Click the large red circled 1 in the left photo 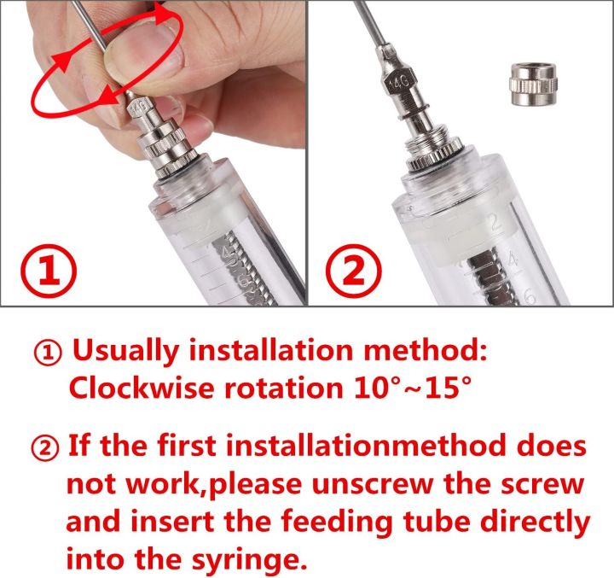point(49,271)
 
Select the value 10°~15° point(409,388)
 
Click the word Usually point(127,350)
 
